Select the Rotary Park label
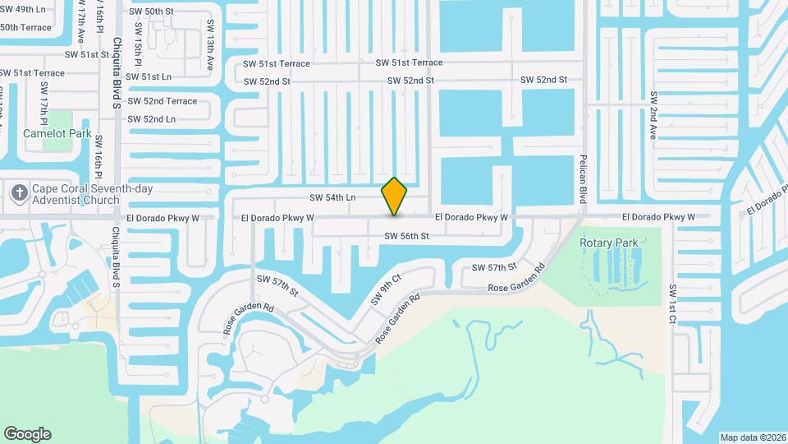pyautogui.click(x=608, y=243)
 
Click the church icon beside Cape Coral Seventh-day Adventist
pyautogui.click(x=19, y=195)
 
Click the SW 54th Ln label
pyautogui.click(x=332, y=197)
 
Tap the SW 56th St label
pyautogui.click(x=407, y=236)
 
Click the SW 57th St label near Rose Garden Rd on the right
pyautogui.click(x=492, y=267)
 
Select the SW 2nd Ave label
pyautogui.click(x=654, y=114)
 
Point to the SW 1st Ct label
pyautogui.click(x=671, y=305)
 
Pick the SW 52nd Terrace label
pyautogui.click(x=163, y=101)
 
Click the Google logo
pyautogui.click(x=27, y=434)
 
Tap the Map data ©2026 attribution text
pyautogui.click(x=752, y=437)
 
